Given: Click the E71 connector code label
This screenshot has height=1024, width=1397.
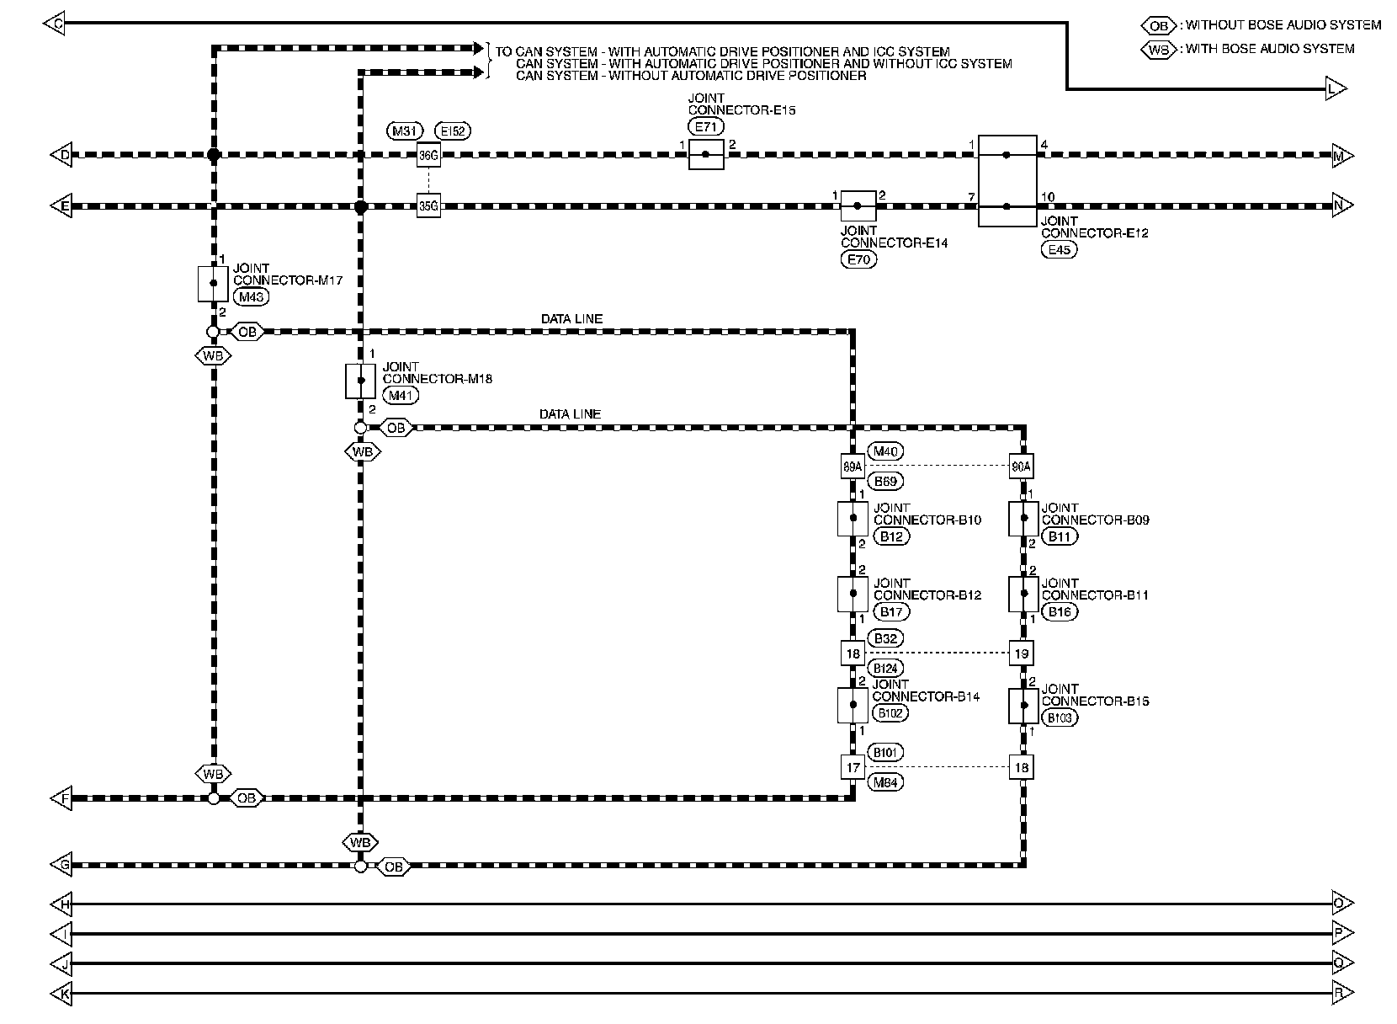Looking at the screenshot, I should click(706, 127).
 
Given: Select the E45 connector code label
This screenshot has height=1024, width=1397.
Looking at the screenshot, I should click(1059, 249).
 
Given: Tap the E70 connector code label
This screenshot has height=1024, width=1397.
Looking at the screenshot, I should click(858, 260).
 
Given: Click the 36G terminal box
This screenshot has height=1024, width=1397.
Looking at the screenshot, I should click(428, 155).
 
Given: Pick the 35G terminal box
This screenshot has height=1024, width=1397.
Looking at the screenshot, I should click(428, 205).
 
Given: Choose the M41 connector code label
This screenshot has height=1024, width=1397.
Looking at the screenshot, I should click(400, 395).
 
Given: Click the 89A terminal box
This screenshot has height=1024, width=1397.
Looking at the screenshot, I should click(853, 466).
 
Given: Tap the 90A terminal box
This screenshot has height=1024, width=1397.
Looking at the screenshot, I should click(1022, 466).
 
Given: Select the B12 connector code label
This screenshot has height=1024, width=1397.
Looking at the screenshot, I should click(891, 536).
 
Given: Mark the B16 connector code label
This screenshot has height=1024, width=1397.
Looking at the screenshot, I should click(1059, 612).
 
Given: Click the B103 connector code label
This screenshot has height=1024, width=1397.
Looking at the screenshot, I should click(1059, 718).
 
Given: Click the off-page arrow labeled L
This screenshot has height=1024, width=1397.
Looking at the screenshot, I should click(1336, 88).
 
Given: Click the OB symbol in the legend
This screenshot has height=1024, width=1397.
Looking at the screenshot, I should click(1159, 25).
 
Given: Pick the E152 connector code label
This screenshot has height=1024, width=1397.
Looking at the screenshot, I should click(454, 131).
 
